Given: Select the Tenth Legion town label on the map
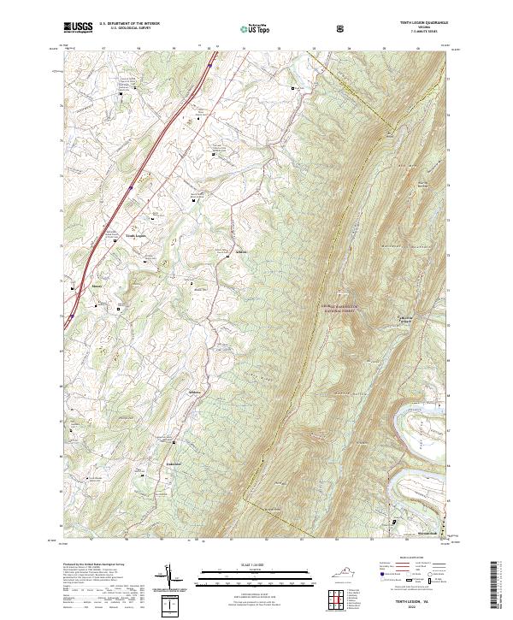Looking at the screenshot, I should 137,235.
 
